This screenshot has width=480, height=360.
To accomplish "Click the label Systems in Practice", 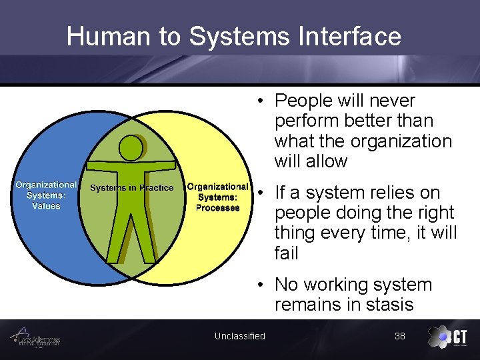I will click(131, 188).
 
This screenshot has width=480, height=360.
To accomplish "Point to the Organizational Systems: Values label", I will click(46, 195).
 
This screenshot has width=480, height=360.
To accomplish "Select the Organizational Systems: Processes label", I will click(217, 197).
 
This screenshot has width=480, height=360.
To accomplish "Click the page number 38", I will click(399, 336).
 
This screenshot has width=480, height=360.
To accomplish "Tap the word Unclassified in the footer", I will click(239, 336).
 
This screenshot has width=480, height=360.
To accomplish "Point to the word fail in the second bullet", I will click(286, 253).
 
